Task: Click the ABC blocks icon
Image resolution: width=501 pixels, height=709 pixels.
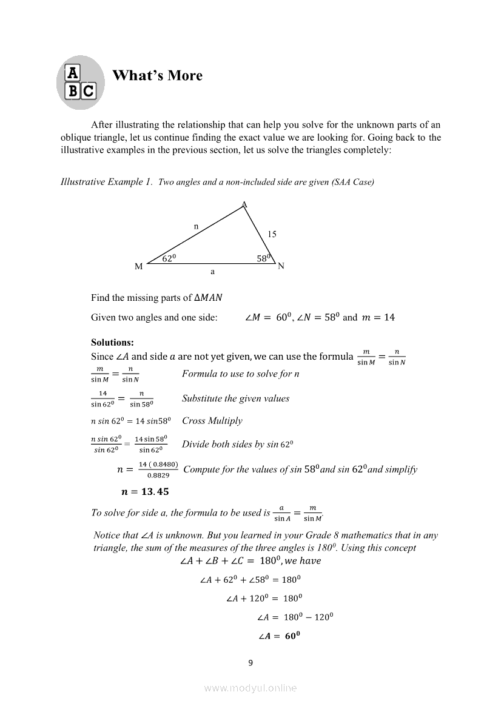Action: tap(81, 82)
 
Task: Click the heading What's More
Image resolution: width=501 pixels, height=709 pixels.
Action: tap(157, 76)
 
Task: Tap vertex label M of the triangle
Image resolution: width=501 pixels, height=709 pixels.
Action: tap(139, 267)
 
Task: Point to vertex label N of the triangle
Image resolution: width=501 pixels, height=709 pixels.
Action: tap(281, 266)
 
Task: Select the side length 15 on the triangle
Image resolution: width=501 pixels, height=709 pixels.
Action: tap(272, 234)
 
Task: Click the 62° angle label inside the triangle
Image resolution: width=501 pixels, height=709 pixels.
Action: tap(169, 258)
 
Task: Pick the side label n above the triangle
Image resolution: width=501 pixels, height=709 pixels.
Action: tap(196, 226)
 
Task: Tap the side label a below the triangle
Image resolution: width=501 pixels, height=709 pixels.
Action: tap(212, 272)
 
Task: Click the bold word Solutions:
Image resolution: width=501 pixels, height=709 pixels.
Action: tap(112, 343)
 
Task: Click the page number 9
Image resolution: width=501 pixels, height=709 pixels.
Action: tap(250, 663)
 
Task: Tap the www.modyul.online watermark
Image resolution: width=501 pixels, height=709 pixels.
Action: tap(250, 688)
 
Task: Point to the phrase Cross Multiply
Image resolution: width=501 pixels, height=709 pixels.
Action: tap(212, 421)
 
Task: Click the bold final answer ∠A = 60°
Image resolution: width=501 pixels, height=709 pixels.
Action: tap(280, 636)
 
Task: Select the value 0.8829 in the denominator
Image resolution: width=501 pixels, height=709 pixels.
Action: tap(158, 475)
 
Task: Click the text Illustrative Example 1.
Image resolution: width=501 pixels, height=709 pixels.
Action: tap(107, 182)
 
